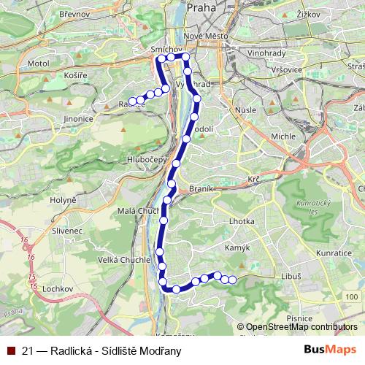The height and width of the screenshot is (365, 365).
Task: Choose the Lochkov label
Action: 58,289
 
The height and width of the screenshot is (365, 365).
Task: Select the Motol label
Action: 38,64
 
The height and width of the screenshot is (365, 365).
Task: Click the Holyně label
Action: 63,199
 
